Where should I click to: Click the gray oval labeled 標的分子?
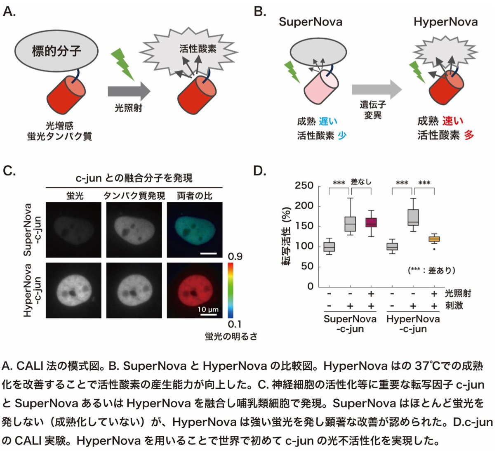coord(56,51)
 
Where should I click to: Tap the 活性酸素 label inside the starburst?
coord(198,49)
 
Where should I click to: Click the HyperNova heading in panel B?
coord(445,22)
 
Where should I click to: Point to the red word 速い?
coord(453,121)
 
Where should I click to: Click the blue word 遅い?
coord(328,121)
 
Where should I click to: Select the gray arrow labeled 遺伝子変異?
coord(376,90)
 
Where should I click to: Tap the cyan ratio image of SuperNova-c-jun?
coord(195,229)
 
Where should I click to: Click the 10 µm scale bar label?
coord(208,309)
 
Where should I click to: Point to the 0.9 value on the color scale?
coord(235,257)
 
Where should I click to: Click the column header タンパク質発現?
coord(134,196)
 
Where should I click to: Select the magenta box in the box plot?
coord(371,223)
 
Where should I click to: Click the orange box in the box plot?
coord(434,239)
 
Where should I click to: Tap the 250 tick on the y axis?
coord(304,186)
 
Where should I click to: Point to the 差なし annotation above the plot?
coord(361,182)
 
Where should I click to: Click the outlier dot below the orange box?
coord(434,249)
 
